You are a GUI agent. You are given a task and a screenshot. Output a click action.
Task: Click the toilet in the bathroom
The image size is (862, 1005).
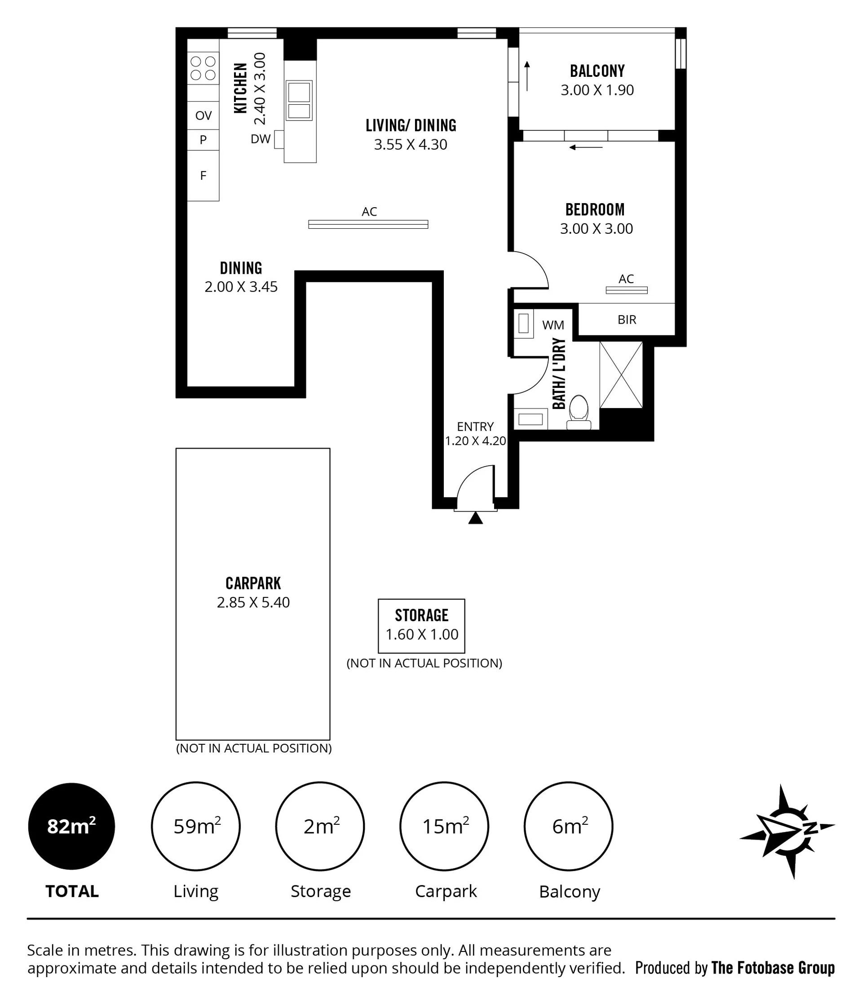click(x=579, y=412)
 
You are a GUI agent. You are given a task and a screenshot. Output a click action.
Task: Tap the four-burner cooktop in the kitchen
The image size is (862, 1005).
click(x=203, y=68)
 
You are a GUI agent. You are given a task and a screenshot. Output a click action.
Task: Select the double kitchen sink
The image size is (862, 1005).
click(x=299, y=100)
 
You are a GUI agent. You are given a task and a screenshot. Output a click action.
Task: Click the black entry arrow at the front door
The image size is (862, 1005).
click(x=476, y=518)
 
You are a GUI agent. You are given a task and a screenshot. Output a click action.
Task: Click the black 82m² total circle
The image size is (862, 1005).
click(x=72, y=826)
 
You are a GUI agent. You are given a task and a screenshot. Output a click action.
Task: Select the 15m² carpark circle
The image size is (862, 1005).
click(x=444, y=826)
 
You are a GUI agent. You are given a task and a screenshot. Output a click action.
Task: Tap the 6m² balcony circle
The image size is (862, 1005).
click(x=569, y=826)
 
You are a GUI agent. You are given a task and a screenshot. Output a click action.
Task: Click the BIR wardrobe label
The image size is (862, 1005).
click(x=627, y=320)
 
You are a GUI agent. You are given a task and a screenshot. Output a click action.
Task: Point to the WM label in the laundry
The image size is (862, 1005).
click(x=553, y=325)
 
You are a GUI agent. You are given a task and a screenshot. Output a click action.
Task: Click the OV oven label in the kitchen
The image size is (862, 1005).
click(x=203, y=116)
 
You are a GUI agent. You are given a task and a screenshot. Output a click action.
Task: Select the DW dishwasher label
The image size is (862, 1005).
click(x=261, y=139)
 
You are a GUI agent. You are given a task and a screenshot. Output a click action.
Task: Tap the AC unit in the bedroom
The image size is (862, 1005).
click(x=626, y=290)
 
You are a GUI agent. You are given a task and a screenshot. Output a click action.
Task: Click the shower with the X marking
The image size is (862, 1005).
click(x=621, y=375)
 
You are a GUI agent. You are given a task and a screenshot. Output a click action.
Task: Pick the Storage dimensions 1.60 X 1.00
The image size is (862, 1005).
click(x=422, y=635)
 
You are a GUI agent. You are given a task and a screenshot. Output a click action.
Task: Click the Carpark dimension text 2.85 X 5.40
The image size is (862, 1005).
click(x=253, y=602)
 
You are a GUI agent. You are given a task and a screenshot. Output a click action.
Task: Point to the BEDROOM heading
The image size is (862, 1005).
click(x=595, y=209)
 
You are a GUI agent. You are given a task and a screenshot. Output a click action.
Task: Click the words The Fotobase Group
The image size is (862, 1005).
click(x=773, y=968)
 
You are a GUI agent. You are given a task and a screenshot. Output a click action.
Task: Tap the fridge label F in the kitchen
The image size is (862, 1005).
click(x=203, y=176)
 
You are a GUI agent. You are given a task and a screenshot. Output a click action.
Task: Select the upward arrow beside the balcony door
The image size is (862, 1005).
click(x=527, y=76)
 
